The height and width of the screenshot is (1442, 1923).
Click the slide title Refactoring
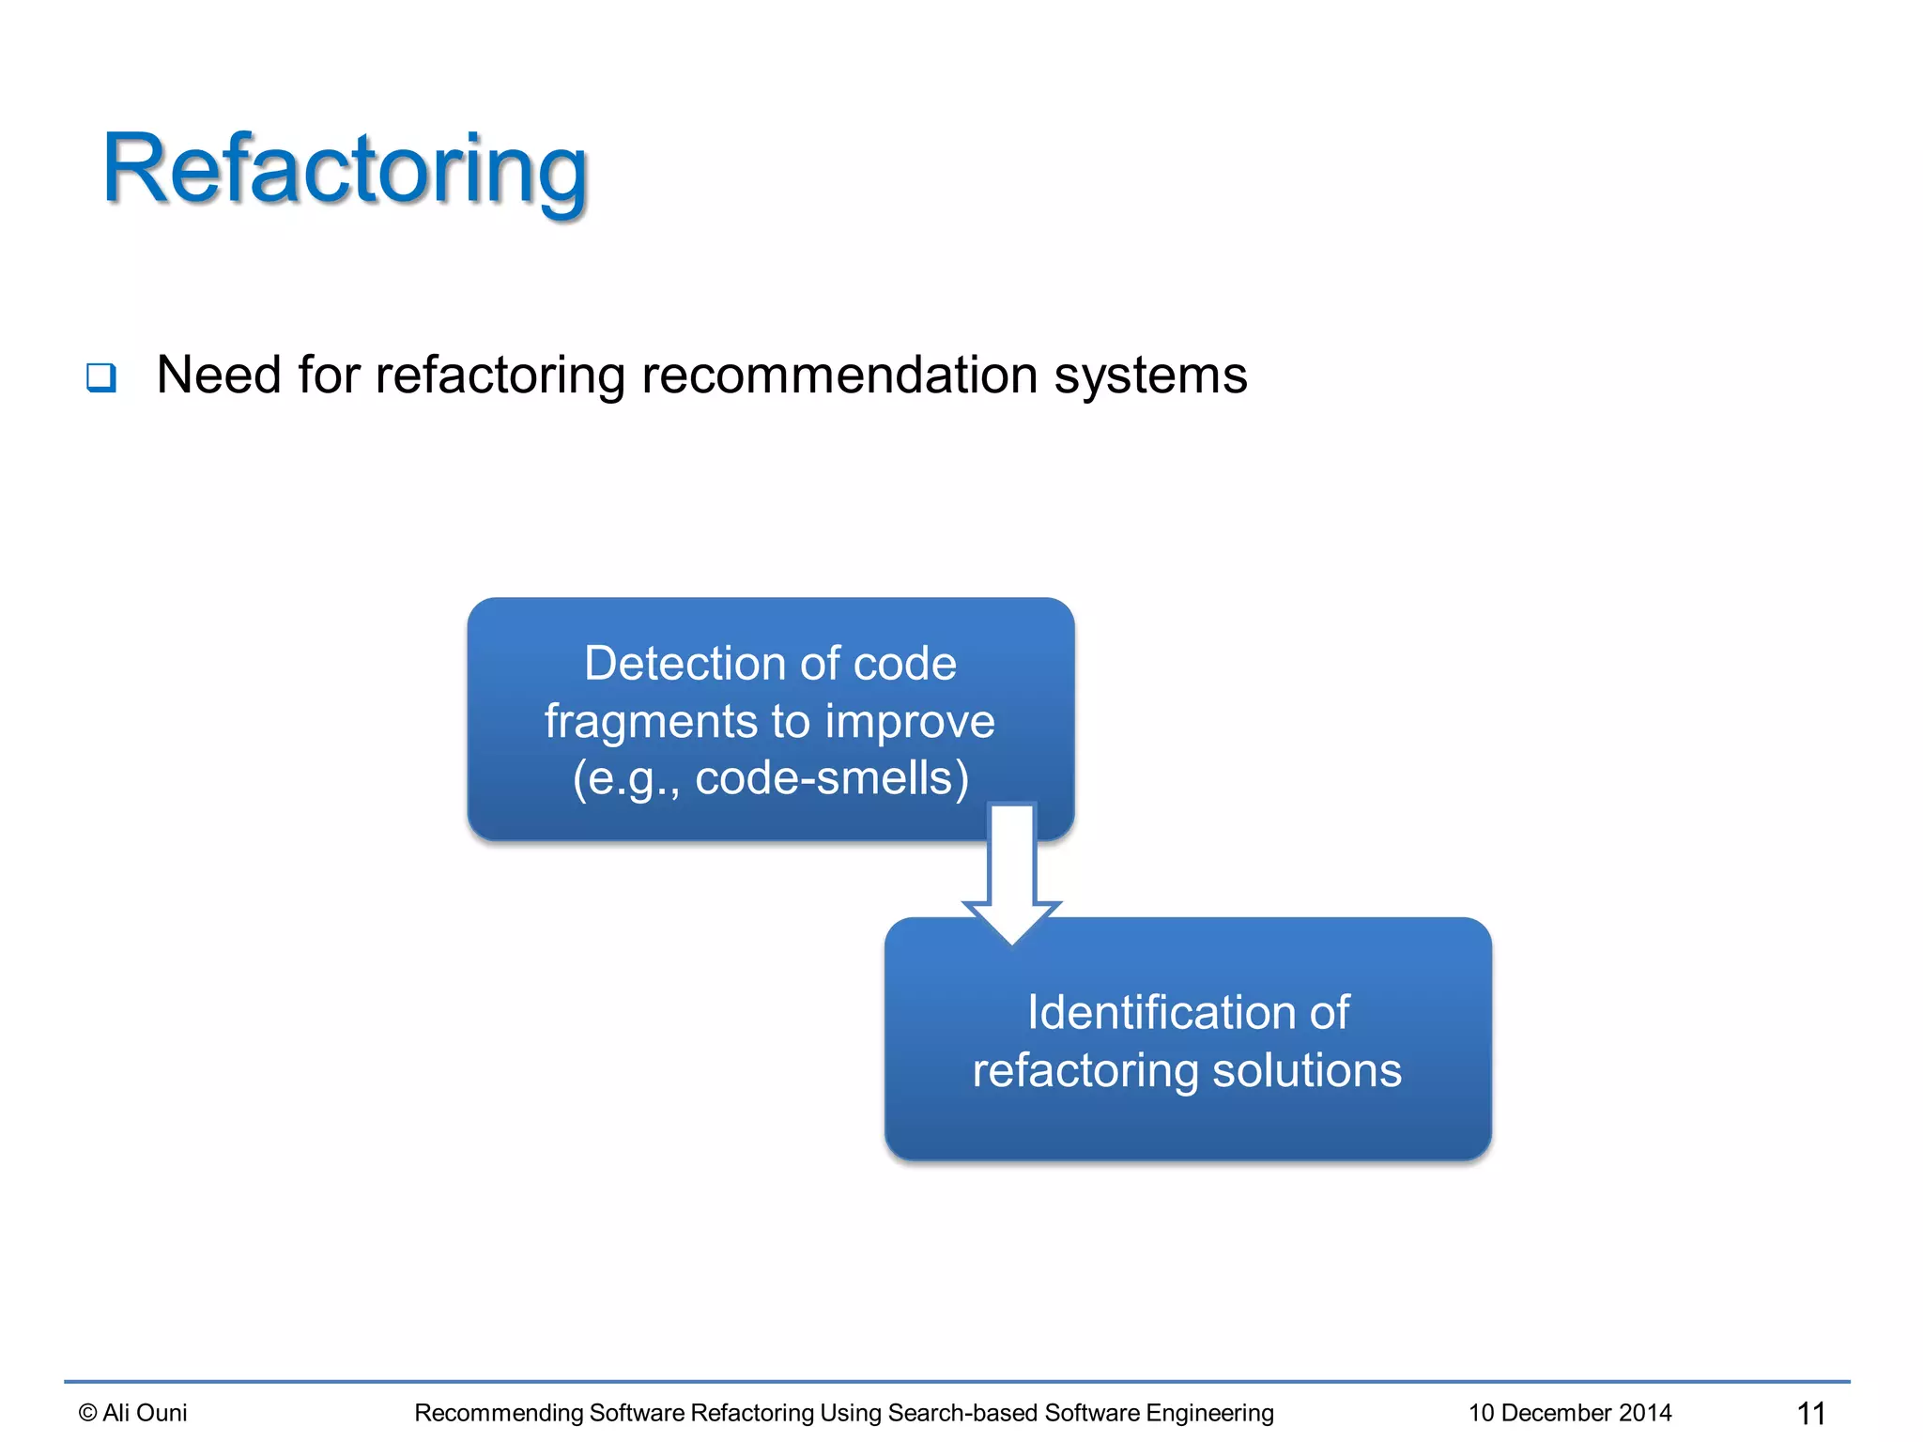point(345,170)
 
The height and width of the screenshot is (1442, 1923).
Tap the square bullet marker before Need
point(101,377)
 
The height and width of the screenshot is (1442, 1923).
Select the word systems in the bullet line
point(1150,376)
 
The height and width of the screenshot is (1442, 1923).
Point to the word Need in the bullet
point(219,376)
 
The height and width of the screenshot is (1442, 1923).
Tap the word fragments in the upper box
point(650,722)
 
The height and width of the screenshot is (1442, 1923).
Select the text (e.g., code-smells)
point(770,778)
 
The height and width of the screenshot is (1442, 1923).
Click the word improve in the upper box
point(909,722)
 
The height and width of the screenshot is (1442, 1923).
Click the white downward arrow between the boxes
point(1012,873)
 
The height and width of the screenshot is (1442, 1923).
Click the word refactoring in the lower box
point(1085,1070)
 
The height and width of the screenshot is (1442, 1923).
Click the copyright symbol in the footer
point(87,1413)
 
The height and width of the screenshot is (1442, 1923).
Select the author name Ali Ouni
point(145,1413)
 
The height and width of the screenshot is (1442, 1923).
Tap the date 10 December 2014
point(1570,1413)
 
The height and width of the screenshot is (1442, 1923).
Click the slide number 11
point(1810,1413)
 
